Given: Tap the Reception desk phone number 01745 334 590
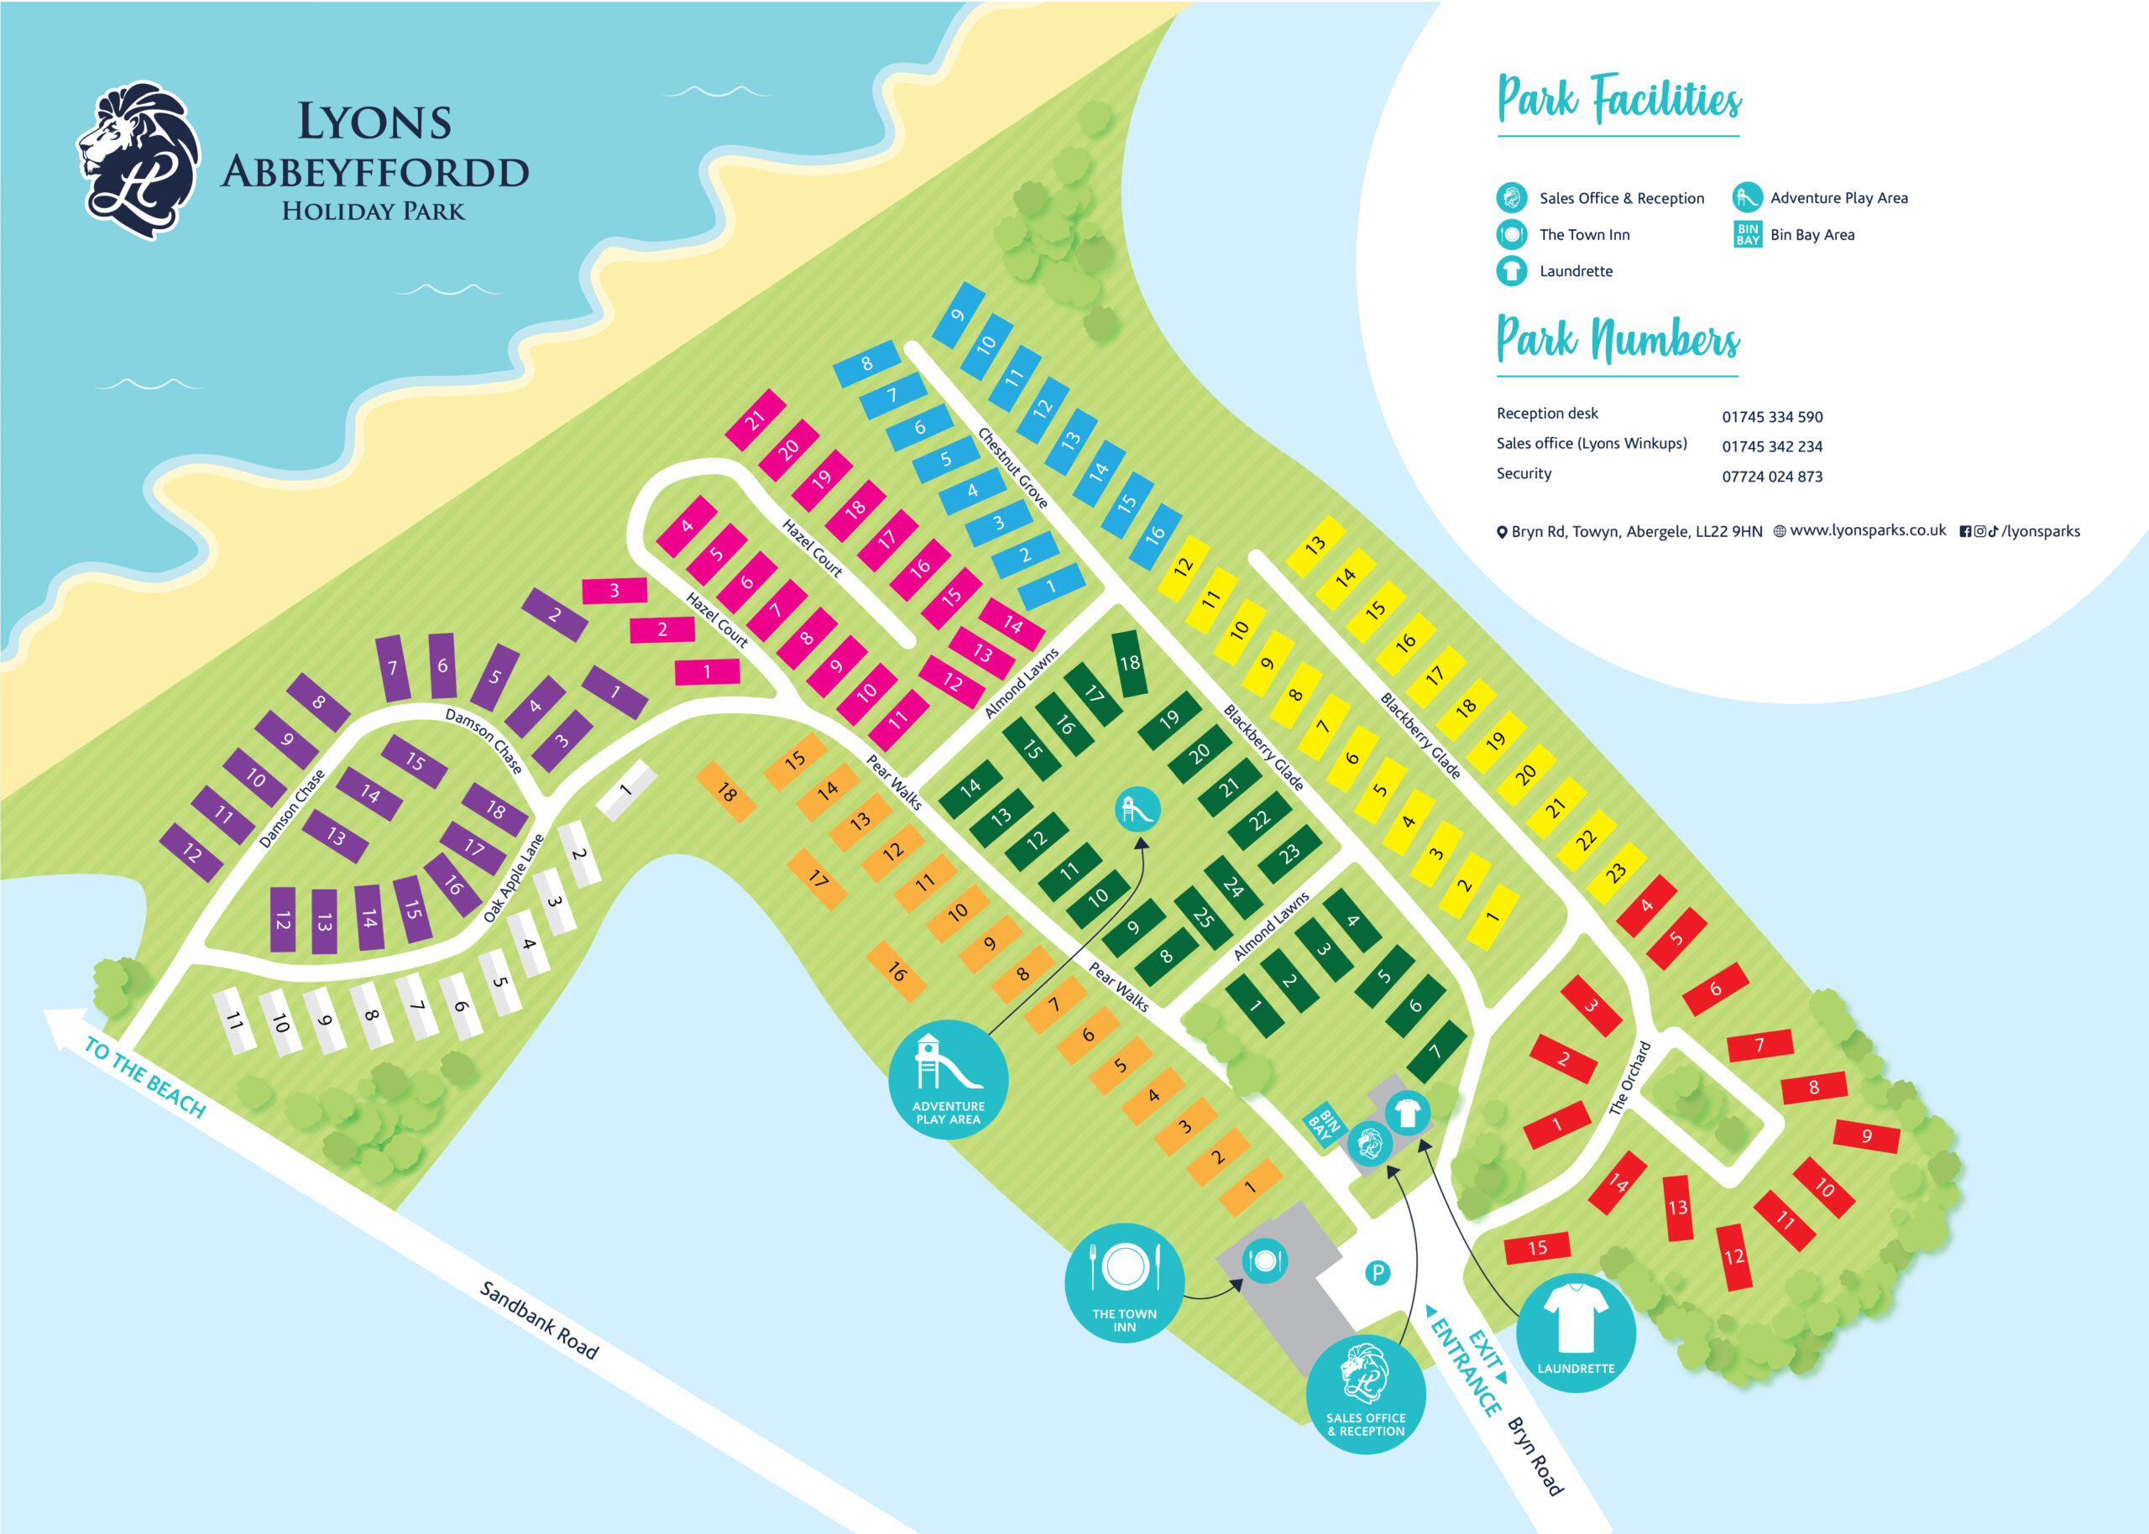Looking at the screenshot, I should coord(1771,416).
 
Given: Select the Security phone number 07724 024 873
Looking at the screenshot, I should coord(1771,476).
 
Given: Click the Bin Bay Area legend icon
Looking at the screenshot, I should coord(1748,234).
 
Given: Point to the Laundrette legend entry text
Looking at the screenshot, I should coord(1576,271).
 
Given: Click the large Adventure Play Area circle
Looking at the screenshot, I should coord(948,1078).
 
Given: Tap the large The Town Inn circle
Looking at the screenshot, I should coord(1124,1281).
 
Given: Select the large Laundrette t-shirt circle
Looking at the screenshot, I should coord(1575,1332).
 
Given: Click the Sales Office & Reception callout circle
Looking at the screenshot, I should coord(1365,1393).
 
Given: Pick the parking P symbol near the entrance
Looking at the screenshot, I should coord(1378,1272).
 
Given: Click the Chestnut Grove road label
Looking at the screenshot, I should coord(1012,467).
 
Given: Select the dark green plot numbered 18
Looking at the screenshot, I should coord(1130,663).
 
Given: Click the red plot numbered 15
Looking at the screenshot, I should coord(1537,1248).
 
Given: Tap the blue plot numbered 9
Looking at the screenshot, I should coord(958,315).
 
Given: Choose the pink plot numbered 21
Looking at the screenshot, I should coord(755,420).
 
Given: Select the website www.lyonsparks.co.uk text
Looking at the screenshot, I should coord(1867,531).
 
